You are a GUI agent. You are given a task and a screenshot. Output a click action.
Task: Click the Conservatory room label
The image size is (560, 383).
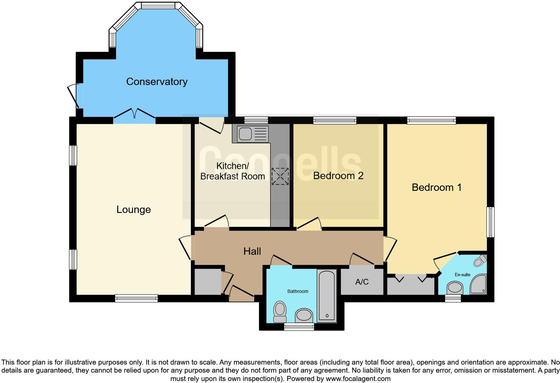[157, 82]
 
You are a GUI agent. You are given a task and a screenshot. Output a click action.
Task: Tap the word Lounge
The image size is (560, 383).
[134, 210]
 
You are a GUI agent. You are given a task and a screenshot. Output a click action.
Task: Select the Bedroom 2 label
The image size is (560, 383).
[338, 176]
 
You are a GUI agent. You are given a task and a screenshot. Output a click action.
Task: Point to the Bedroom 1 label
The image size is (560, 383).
[436, 187]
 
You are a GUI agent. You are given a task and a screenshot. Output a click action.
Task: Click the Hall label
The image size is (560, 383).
[252, 251]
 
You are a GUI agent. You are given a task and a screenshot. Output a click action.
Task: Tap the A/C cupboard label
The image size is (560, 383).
[362, 282]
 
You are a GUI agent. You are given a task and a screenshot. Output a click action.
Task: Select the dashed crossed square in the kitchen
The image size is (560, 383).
[280, 176]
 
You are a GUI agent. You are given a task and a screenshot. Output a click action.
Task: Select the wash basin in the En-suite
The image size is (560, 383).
[455, 287]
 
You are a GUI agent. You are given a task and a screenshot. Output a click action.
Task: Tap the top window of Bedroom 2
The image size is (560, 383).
[334, 120]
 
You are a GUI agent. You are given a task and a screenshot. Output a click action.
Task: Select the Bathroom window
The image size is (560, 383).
[299, 327]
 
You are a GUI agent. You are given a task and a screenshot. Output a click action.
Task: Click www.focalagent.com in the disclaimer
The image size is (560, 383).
[358, 379]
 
